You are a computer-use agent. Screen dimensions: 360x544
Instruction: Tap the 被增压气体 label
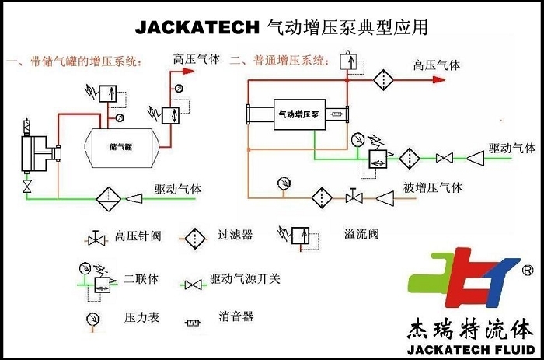[x=433, y=187]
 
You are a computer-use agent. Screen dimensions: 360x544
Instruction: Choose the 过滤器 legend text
[x=235, y=234]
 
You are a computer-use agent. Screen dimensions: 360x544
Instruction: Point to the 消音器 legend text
[x=236, y=317]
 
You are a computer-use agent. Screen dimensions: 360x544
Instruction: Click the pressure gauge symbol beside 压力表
[x=92, y=318]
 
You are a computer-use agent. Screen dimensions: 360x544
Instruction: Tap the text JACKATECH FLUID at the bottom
[x=471, y=346]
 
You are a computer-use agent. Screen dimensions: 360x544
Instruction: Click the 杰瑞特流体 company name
[x=471, y=326]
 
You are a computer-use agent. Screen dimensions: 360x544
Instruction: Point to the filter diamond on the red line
[x=382, y=79]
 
